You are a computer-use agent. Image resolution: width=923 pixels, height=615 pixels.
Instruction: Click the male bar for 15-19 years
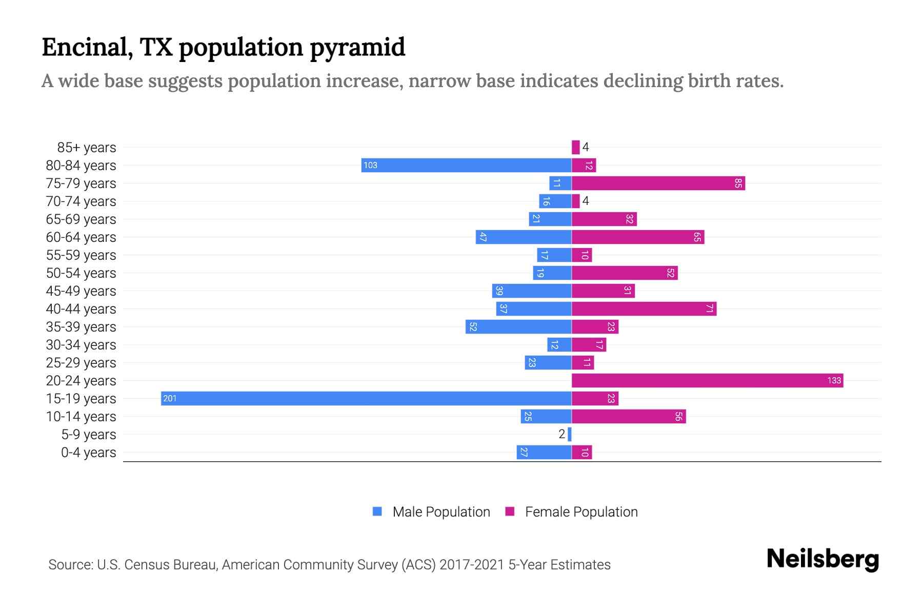(366, 399)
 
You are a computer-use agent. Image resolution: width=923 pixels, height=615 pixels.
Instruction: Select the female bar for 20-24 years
(707, 381)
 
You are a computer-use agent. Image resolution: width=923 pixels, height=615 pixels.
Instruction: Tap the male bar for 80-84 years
(466, 166)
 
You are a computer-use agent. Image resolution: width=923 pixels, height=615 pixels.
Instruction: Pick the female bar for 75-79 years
(658, 183)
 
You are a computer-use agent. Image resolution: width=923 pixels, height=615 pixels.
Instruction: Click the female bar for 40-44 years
(644, 309)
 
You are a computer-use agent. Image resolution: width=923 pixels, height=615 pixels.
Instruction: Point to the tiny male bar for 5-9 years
(570, 435)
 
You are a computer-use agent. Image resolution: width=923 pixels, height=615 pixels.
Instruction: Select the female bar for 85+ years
(575, 148)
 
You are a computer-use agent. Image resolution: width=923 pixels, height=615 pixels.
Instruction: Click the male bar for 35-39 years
(518, 327)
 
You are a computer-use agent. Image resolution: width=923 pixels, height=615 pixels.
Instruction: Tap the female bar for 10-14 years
(629, 417)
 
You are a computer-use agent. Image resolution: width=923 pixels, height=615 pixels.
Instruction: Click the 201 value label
(170, 399)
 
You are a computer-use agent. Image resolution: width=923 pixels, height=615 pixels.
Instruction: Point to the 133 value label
(834, 381)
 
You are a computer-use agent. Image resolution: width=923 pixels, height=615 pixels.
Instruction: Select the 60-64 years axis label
(81, 237)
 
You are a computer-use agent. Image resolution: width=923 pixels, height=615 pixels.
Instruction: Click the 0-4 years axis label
(88, 453)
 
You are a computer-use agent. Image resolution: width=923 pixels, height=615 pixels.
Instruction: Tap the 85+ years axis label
(87, 148)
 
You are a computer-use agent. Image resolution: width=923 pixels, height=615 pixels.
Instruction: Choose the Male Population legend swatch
(377, 511)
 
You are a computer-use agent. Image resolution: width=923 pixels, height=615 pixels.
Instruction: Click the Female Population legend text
(581, 512)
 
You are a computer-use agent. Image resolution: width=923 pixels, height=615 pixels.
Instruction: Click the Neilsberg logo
(822, 559)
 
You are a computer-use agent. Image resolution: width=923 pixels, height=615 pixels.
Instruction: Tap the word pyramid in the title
(357, 48)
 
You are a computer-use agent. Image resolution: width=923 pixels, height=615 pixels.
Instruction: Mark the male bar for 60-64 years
(524, 237)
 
